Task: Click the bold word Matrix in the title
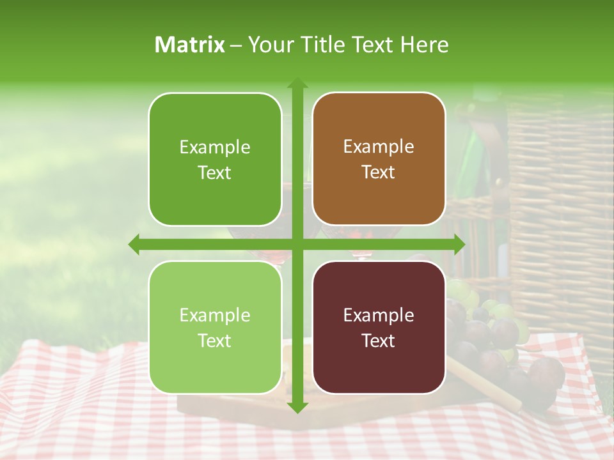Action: [x=190, y=45]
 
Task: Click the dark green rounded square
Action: [x=215, y=159]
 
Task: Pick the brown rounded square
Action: [x=379, y=159]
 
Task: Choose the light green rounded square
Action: [x=215, y=327]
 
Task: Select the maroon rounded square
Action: [x=379, y=327]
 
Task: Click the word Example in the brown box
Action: [x=379, y=147]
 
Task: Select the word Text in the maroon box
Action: [x=379, y=341]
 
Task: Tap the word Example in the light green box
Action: [x=215, y=315]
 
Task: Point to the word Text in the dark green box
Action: [x=215, y=172]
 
